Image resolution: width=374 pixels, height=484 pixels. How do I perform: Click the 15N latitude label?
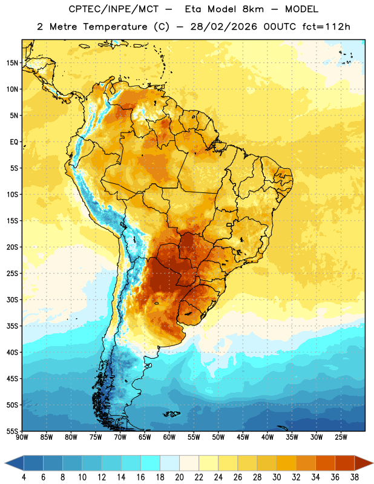click(x=12, y=63)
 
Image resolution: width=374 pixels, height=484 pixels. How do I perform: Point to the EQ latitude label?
click(x=14, y=142)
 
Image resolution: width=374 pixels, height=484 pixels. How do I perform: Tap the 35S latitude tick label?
click(x=12, y=326)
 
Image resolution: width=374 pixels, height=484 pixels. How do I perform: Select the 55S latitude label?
click(x=12, y=431)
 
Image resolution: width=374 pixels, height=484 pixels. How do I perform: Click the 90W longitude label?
click(x=22, y=437)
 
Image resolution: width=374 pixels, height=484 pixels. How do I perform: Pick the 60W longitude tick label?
click(x=169, y=437)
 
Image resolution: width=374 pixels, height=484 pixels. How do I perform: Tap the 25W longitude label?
click(x=341, y=437)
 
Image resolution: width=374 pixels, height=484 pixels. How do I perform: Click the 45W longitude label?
click(x=243, y=437)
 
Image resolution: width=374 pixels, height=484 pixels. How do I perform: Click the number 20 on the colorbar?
click(x=179, y=477)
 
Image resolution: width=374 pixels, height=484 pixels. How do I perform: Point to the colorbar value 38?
click(x=355, y=477)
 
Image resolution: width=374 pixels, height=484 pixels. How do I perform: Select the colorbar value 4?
click(x=24, y=477)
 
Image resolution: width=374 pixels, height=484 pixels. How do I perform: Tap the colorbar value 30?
click(x=277, y=477)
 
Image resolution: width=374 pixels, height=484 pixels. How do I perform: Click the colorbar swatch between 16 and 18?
click(x=151, y=463)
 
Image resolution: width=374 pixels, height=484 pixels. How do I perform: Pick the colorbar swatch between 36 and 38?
click(x=345, y=463)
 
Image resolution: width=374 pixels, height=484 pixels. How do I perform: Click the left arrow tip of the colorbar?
click(x=5, y=463)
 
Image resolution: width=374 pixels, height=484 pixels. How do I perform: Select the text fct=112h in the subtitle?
click(x=326, y=27)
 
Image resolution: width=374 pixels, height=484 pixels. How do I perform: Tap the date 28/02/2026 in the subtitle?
click(x=223, y=27)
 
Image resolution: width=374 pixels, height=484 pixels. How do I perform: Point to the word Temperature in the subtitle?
click(x=115, y=27)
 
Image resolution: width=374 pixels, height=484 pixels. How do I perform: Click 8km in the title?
click(x=253, y=9)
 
